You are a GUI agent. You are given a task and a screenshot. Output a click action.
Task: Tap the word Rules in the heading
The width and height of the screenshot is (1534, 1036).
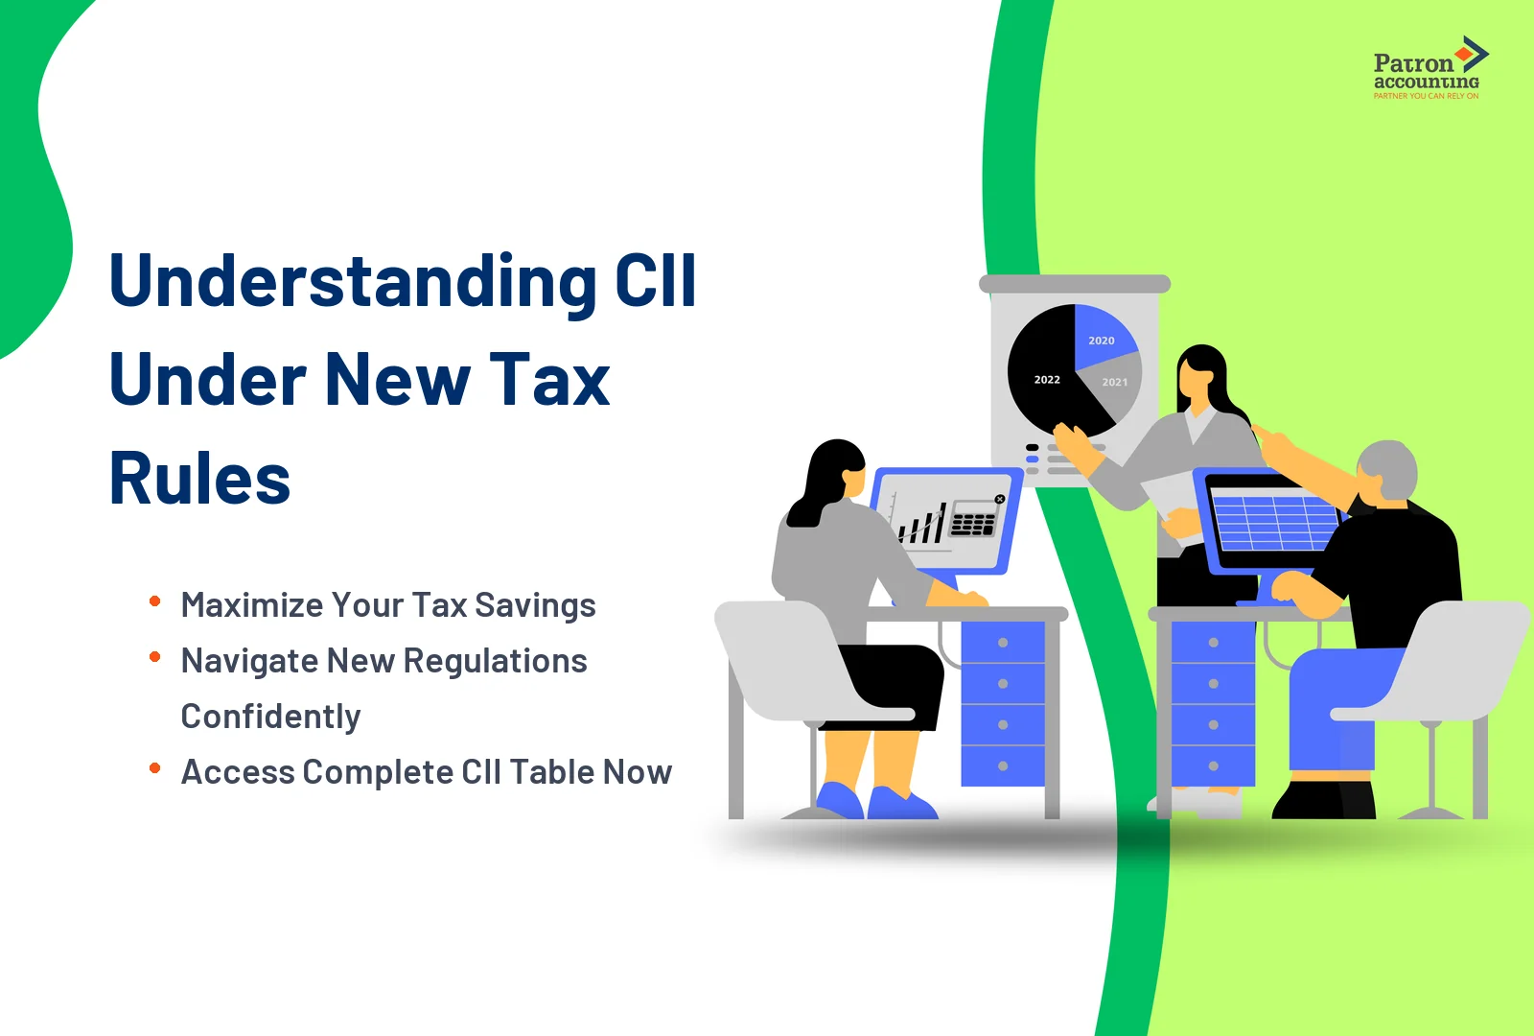click(x=199, y=479)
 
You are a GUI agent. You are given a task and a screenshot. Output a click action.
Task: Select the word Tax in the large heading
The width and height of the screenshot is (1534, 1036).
click(x=549, y=380)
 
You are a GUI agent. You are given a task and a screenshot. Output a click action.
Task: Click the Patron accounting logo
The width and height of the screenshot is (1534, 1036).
click(x=1428, y=68)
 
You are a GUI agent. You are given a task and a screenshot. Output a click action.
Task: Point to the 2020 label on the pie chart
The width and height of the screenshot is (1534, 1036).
click(x=1101, y=341)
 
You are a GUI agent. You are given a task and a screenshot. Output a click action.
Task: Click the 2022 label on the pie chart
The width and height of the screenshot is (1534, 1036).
click(x=1047, y=380)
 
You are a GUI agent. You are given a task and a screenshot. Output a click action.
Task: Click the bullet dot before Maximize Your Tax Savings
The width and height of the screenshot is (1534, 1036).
click(x=154, y=601)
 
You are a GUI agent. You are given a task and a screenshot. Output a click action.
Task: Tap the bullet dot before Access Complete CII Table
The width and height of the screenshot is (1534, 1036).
click(x=154, y=768)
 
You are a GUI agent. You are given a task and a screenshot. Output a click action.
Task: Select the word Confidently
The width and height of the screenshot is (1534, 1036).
click(x=270, y=717)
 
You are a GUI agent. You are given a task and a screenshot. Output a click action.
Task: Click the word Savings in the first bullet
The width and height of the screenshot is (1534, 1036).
click(x=535, y=605)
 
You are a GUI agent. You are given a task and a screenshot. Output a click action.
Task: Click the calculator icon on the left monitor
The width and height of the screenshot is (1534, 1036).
click(x=973, y=521)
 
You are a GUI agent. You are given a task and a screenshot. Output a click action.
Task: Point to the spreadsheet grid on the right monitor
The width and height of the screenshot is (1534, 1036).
click(x=1275, y=522)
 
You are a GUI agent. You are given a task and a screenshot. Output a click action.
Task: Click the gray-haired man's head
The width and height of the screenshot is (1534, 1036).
click(x=1388, y=470)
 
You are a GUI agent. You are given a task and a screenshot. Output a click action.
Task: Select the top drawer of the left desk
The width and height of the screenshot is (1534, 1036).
click(x=1002, y=643)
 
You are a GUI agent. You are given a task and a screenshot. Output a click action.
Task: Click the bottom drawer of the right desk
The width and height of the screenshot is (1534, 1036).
click(x=1213, y=766)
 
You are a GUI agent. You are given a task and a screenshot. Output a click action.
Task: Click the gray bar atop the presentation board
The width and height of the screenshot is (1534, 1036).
click(x=1074, y=284)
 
